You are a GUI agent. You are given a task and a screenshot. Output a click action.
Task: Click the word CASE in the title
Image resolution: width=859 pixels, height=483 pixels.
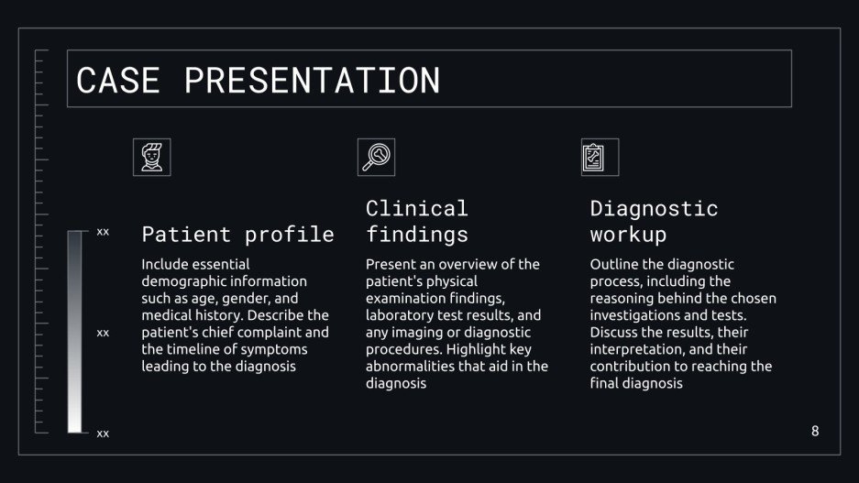coord(117,80)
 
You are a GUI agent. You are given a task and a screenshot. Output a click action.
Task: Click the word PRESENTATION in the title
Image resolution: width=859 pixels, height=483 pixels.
coord(312,80)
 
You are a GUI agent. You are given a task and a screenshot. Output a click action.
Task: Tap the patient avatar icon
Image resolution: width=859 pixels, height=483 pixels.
coord(151,157)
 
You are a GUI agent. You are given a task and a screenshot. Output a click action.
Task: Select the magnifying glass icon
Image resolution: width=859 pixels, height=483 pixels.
coord(376,157)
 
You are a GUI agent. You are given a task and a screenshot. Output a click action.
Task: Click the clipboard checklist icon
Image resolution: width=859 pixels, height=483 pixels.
coord(600,157)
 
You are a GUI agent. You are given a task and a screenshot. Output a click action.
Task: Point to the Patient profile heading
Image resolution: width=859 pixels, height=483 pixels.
coord(237,235)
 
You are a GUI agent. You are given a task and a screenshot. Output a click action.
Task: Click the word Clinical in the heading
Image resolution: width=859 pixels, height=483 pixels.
coord(416,209)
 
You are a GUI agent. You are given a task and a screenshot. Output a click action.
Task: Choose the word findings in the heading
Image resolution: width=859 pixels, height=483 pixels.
coord(416,235)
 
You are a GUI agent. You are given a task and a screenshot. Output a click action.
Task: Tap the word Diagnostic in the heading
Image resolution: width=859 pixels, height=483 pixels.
coord(654,209)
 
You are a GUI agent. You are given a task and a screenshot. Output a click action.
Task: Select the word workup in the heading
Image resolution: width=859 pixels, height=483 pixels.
coord(628,235)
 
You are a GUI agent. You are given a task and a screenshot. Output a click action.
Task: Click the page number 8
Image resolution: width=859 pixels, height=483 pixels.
coord(815,431)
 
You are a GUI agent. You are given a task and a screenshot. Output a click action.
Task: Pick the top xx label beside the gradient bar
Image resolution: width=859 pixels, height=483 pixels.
coord(103,233)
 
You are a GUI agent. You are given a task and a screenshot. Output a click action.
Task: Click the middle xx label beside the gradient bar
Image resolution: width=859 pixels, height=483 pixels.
coord(103,333)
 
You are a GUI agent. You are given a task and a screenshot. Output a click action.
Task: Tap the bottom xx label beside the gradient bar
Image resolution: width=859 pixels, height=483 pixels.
coord(103,434)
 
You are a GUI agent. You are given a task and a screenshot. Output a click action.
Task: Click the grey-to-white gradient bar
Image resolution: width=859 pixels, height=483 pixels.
coord(75,332)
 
